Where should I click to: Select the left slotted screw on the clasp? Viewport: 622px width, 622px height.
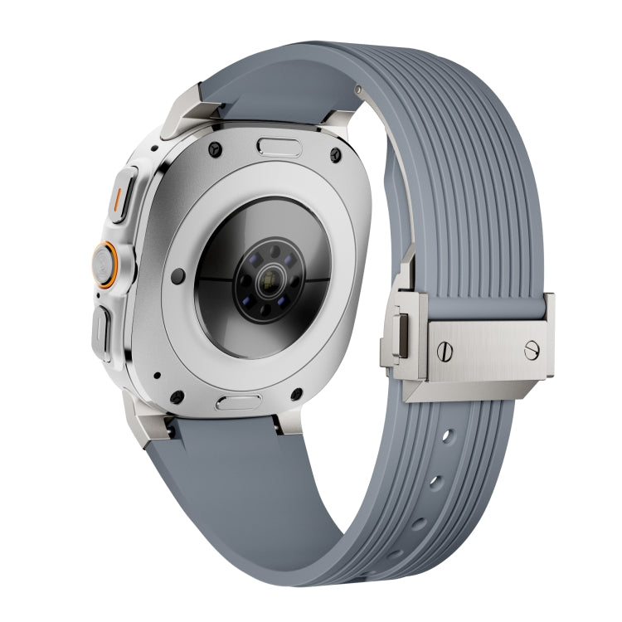pos(444,352)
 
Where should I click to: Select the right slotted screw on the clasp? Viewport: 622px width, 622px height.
pos(532,350)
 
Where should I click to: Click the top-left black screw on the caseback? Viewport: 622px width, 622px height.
pos(214,149)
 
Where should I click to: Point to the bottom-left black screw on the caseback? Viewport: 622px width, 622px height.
pos(177,396)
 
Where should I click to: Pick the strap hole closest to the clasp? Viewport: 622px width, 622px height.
pos(447,435)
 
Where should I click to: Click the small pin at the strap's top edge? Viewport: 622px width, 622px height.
pos(358,89)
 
